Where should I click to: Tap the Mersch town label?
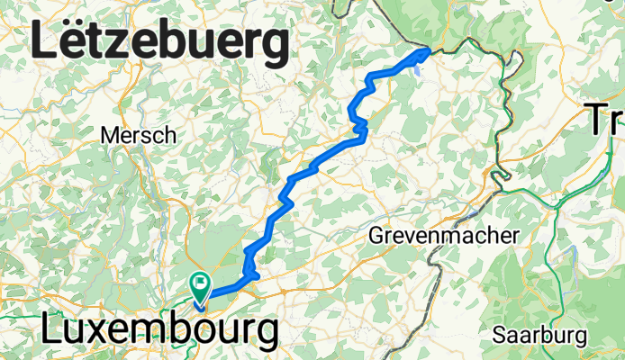click(138, 135)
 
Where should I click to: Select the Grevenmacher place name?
click(446, 236)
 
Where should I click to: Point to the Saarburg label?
click(539, 335)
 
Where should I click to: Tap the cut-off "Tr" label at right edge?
click(606, 118)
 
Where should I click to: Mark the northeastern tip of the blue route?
click(426, 52)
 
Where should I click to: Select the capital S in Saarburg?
click(498, 335)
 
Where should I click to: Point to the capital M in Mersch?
click(110, 135)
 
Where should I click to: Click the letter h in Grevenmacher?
click(501, 236)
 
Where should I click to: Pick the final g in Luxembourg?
click(265, 336)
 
